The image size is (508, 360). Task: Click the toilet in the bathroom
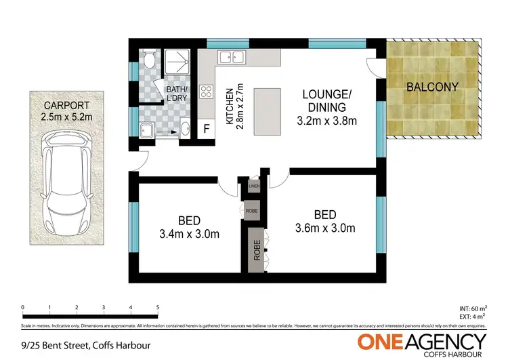149,62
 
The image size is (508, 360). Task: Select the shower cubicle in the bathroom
177,63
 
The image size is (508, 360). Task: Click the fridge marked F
206,128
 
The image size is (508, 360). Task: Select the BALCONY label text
431,87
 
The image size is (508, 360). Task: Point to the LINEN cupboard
254,185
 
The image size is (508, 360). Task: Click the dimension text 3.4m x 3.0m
189,235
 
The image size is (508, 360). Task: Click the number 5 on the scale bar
157,308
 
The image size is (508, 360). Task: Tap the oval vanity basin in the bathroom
186,129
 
